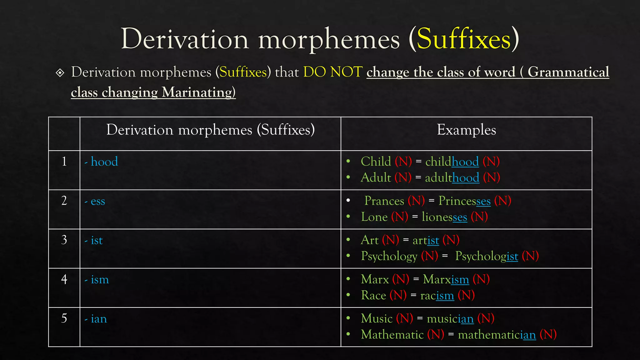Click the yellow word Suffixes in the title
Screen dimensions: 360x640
pos(464,39)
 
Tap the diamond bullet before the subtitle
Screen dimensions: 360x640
pos(60,73)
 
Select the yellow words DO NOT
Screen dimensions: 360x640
pos(333,72)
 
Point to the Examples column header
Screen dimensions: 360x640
pos(466,130)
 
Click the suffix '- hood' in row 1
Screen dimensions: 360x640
pos(102,162)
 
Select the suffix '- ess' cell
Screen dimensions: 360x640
pos(95,201)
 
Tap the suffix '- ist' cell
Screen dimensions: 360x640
pos(94,240)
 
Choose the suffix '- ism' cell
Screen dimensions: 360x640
pos(97,280)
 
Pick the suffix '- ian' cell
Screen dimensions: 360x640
pos(96,319)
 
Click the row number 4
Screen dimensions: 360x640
pos(64,279)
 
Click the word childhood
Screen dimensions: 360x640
pos(452,162)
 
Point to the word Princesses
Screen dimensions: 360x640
pos(464,201)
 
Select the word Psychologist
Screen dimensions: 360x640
pos(487,256)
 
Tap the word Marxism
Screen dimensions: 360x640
pos(446,279)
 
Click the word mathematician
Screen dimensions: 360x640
pos(497,335)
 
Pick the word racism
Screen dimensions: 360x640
pos(437,295)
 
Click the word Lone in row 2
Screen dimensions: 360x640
pos(374,217)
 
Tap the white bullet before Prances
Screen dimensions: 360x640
pos(348,200)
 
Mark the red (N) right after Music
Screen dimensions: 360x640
pos(404,319)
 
